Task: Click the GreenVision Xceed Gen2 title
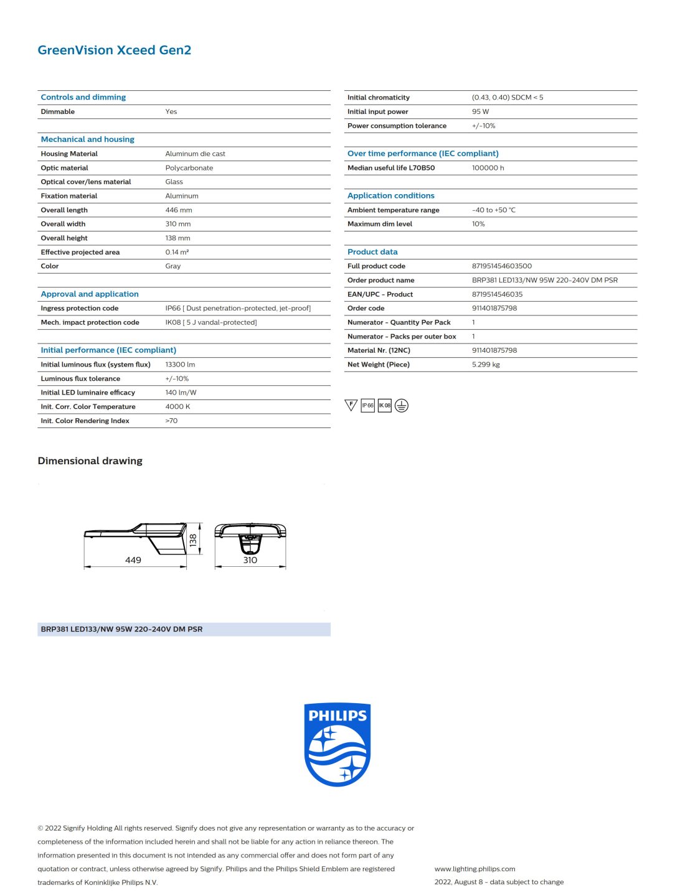[114, 50]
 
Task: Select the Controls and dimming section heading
[83, 97]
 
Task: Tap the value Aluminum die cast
[195, 154]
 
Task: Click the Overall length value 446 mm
[179, 210]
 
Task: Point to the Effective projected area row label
[80, 252]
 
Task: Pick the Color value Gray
[172, 266]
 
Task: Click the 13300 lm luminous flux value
[180, 365]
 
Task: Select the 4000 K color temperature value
[177, 407]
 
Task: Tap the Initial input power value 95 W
[480, 112]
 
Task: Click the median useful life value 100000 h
[488, 168]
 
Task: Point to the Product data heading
[372, 252]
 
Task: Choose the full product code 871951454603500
[501, 266]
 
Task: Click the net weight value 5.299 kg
[486, 365]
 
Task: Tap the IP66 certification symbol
[368, 406]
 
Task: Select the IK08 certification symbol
[385, 406]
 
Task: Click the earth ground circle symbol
[402, 406]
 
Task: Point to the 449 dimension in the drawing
[133, 560]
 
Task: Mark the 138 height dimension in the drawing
[193, 539]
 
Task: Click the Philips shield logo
[337, 744]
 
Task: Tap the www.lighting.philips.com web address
[474, 869]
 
